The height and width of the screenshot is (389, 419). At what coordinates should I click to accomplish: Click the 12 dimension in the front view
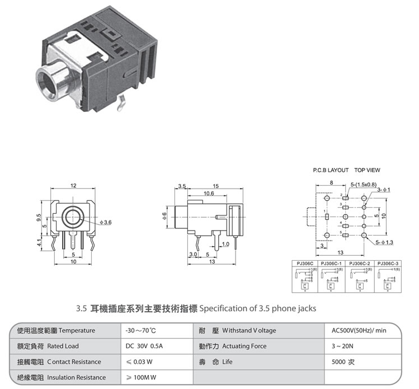point(73,185)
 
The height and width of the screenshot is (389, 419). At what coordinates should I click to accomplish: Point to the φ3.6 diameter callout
point(105,223)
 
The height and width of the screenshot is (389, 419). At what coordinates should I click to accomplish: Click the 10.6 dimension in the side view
point(209,193)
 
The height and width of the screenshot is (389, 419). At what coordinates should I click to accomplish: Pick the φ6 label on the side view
point(165,216)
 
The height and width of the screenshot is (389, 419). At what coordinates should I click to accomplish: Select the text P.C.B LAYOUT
point(331,170)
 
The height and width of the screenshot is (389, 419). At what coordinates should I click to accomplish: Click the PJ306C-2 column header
point(360,263)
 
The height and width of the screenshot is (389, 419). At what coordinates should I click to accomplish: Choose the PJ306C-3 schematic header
point(388,263)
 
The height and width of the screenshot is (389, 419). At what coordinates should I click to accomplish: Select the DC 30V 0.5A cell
point(144,346)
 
